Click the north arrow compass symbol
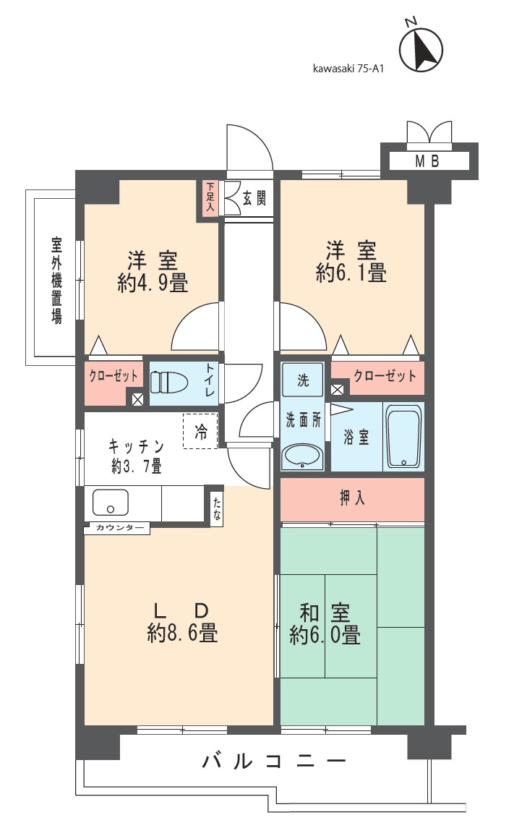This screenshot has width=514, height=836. [x=421, y=49]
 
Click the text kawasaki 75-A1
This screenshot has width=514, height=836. [x=348, y=68]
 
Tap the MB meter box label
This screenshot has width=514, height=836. [x=427, y=161]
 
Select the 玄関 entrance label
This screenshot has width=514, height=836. [x=254, y=198]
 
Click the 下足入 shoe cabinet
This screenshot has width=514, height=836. [x=210, y=197]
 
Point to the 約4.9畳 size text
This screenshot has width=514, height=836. [x=153, y=282]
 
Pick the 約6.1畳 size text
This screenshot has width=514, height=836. [x=351, y=273]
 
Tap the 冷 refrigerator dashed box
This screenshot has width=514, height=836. [x=200, y=431]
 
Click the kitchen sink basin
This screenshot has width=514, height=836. [x=111, y=502]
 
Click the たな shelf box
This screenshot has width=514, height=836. [x=216, y=509]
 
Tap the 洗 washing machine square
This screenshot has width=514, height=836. [x=302, y=380]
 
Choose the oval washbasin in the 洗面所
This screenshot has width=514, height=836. [x=302, y=457]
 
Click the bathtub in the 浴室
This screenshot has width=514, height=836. [x=403, y=437]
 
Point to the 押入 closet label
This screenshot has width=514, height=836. [x=353, y=498]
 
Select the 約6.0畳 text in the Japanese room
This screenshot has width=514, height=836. [x=325, y=635]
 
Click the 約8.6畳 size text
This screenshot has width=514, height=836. [x=182, y=633]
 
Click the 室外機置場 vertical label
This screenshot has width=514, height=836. [x=56, y=281]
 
